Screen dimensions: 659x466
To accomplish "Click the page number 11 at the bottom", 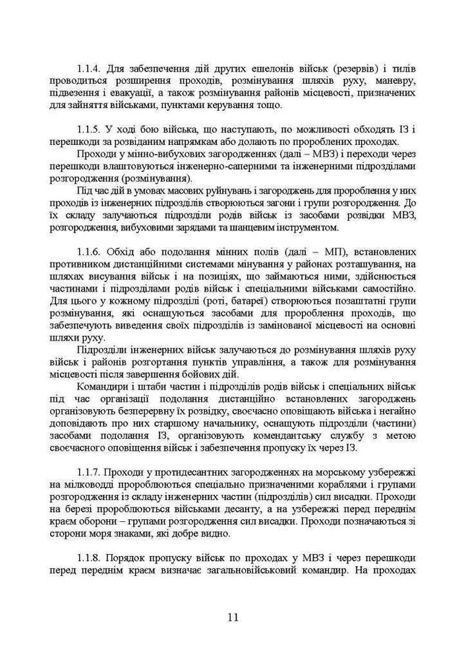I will [233, 617].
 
